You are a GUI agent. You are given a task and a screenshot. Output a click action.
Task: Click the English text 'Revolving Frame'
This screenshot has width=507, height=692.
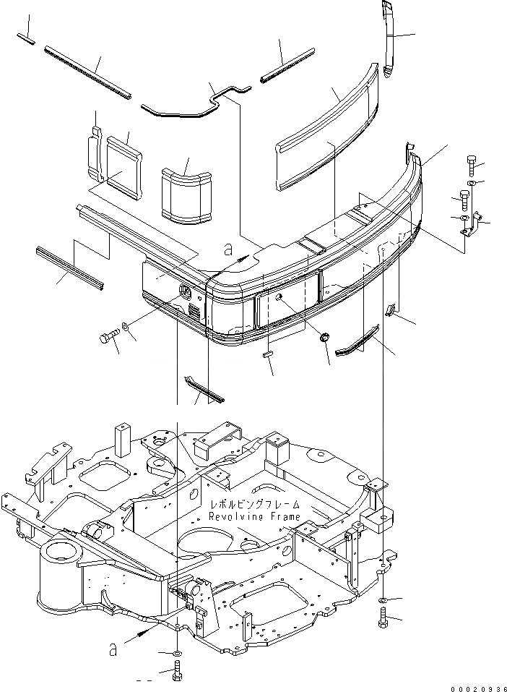coord(253,517)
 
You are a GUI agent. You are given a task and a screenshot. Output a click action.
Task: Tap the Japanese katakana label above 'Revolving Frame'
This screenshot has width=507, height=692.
coord(253,505)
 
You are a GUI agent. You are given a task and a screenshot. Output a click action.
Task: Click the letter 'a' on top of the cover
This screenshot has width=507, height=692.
coord(228,250)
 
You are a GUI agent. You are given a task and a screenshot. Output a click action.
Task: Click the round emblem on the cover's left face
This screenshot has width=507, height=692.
coord(185,292)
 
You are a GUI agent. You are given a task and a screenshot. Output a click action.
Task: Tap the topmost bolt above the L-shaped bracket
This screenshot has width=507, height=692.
coord(471,166)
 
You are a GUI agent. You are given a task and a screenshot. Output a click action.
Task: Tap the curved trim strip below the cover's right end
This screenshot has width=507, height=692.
coord(357,341)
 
